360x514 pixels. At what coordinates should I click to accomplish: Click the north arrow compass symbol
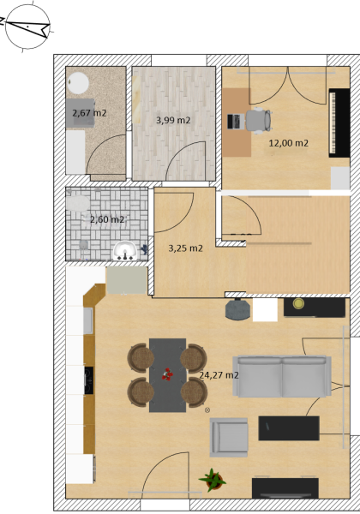coord(27,27)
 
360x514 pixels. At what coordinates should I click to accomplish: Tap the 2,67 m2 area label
coord(89,113)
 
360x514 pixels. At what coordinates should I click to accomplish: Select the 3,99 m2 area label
coord(173,120)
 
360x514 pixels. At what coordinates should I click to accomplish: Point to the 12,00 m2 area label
coord(289,143)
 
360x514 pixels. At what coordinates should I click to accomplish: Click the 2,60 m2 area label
coord(107,219)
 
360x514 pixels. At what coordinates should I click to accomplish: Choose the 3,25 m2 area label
coord(186,248)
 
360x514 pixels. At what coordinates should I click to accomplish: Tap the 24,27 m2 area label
coord(219,375)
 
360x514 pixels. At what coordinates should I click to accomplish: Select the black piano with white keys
coord(339,123)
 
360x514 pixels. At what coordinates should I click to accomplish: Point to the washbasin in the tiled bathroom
coord(125,251)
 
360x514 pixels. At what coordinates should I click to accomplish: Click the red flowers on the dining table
coord(167,374)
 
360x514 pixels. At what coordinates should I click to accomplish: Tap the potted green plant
coord(213,481)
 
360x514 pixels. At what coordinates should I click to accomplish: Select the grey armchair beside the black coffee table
coord(229,437)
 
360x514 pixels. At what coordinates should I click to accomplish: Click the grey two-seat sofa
coord(282,376)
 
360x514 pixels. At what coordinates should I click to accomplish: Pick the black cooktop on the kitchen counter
coord(89,380)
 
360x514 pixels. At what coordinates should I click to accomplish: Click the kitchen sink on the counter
coord(88,320)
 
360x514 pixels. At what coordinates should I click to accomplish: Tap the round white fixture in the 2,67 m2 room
coord(78,83)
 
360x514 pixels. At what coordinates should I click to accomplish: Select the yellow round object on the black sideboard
coord(298,303)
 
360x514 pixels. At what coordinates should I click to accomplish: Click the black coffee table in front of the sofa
coord(289,428)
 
